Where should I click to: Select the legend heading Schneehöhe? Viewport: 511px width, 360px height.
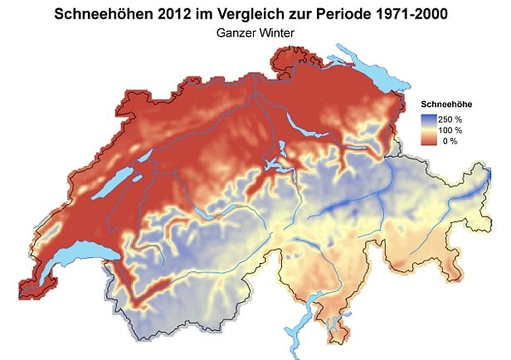(x=447, y=105)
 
